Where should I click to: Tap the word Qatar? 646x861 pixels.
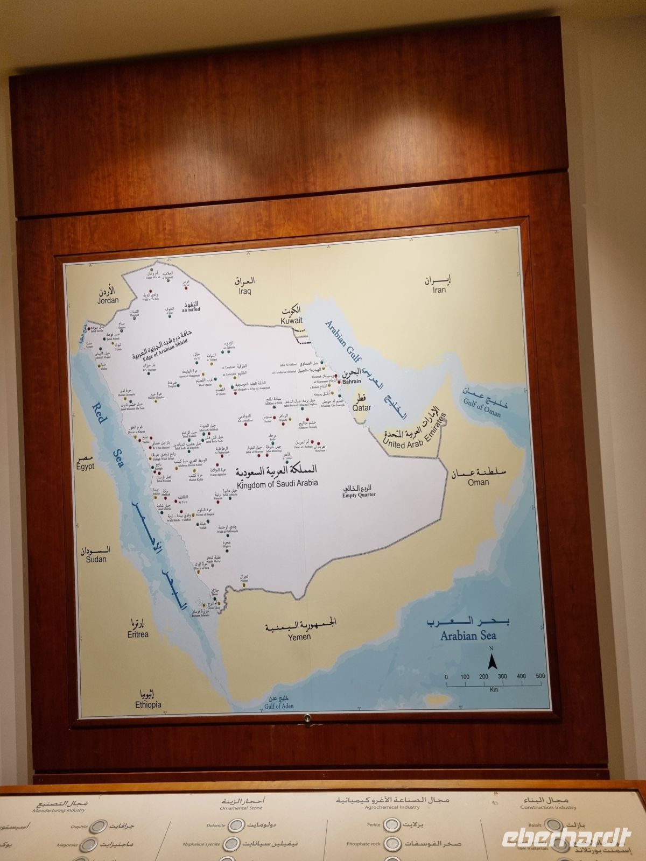(362, 408)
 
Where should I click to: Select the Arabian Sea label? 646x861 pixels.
(468, 636)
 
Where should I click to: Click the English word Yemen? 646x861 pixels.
(299, 637)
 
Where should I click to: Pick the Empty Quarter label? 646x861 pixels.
(359, 495)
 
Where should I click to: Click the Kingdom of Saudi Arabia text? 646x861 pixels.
(277, 483)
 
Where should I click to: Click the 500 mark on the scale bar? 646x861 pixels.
(540, 676)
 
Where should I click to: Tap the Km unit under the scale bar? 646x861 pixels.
(494, 689)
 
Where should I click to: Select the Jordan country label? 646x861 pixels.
(107, 301)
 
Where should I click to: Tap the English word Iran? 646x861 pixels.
(439, 290)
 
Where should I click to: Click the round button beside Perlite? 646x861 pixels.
(391, 824)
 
